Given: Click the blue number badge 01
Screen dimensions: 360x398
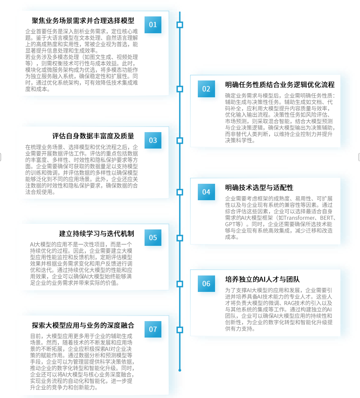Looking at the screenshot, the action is click(x=153, y=24).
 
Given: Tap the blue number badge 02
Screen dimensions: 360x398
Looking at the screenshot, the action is click(x=206, y=89).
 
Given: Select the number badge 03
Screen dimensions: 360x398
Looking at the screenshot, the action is click(x=153, y=140).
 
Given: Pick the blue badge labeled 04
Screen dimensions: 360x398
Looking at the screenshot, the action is click(x=206, y=192).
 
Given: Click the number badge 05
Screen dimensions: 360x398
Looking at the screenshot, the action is click(x=153, y=237).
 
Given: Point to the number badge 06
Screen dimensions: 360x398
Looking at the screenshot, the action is click(x=206, y=283).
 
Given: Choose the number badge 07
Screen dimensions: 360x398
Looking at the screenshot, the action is click(x=153, y=329).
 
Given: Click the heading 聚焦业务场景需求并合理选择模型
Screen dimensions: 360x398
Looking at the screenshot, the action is click(x=83, y=21).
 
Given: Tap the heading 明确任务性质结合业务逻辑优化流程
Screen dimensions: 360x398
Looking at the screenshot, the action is click(x=280, y=85).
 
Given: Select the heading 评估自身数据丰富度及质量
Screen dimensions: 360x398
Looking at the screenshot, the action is click(x=93, y=136).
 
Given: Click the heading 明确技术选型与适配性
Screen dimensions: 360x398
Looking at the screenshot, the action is click(x=259, y=187).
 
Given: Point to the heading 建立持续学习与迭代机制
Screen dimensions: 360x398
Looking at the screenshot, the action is click(x=97, y=233).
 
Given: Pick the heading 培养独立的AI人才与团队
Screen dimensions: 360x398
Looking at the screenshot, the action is click(x=262, y=279).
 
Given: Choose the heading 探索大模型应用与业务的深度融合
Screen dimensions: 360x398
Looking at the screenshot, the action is click(x=83, y=325).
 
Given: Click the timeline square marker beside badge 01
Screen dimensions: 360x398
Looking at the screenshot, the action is click(x=180, y=24).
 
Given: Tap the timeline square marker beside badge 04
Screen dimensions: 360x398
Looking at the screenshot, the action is click(x=180, y=192).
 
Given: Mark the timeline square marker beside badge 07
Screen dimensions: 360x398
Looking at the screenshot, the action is click(x=180, y=329).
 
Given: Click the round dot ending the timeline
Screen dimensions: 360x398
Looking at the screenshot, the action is click(x=180, y=370).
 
